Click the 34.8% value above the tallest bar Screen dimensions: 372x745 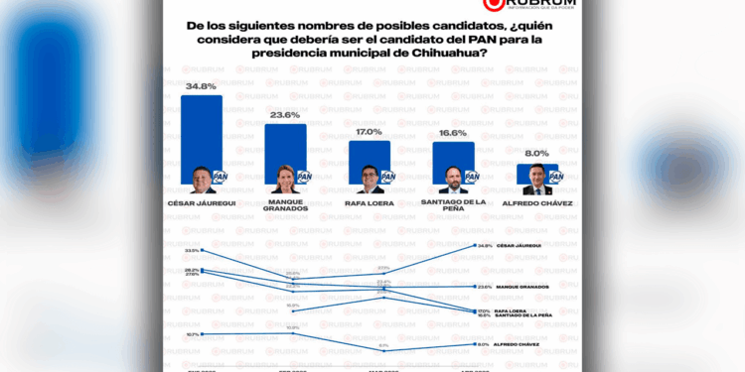click(x=202, y=86)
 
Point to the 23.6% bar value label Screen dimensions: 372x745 click(x=285, y=115)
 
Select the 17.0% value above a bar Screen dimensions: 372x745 click(x=369, y=131)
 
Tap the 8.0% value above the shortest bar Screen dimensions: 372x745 click(x=536, y=154)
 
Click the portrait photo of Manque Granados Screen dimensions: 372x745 click(x=284, y=180)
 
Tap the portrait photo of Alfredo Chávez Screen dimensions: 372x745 click(x=535, y=182)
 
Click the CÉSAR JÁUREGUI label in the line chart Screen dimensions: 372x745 click(x=521, y=245)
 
